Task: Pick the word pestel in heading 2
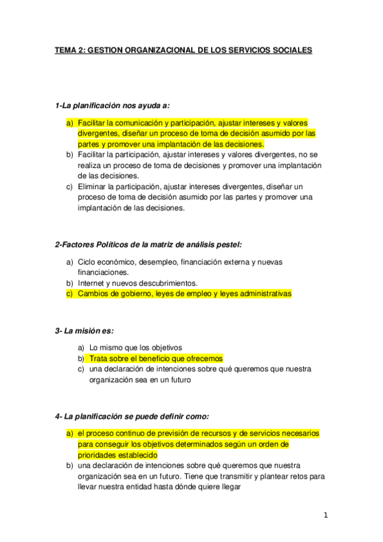[230, 244]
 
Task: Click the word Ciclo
[87, 262]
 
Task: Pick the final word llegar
[227, 487]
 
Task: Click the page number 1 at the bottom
[325, 516]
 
